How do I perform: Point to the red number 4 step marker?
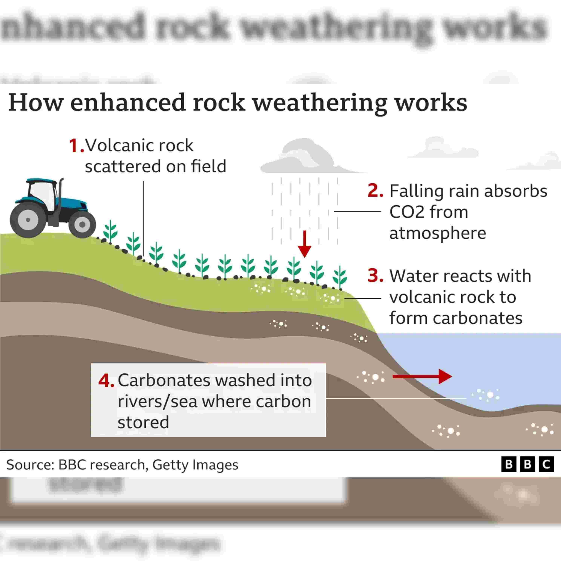pos(105,381)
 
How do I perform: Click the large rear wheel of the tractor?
pos(28,220)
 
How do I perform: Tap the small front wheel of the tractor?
pos(82,224)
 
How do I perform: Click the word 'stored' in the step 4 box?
pos(143,422)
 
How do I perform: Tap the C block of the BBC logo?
pos(546,465)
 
